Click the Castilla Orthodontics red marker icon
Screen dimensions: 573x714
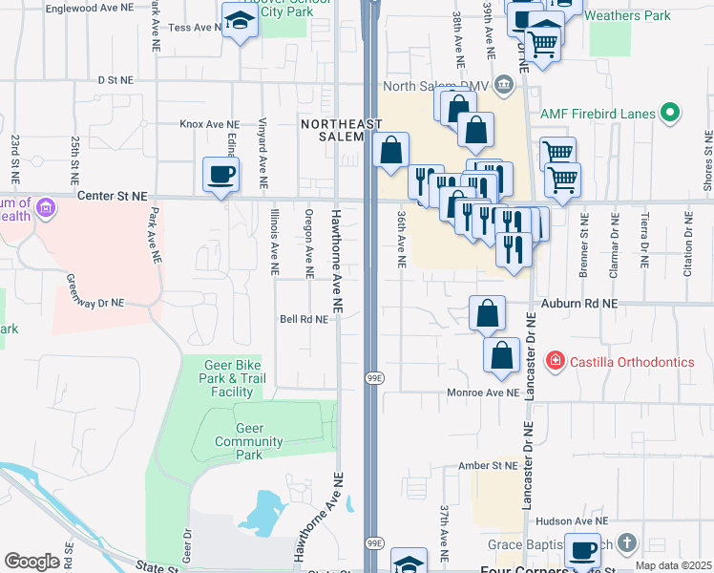click(554, 361)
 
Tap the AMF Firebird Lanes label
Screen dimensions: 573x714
click(598, 114)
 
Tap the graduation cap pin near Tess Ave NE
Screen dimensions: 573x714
click(239, 20)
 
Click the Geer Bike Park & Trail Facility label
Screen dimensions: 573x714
click(232, 378)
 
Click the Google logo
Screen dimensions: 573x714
click(32, 562)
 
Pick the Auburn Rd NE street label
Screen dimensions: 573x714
click(580, 303)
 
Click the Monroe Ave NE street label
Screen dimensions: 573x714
click(483, 393)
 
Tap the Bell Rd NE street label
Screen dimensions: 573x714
click(304, 319)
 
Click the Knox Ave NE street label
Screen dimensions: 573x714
click(209, 124)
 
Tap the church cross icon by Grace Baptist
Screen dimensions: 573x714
click(627, 543)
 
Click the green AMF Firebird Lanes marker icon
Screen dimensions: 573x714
click(670, 114)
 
